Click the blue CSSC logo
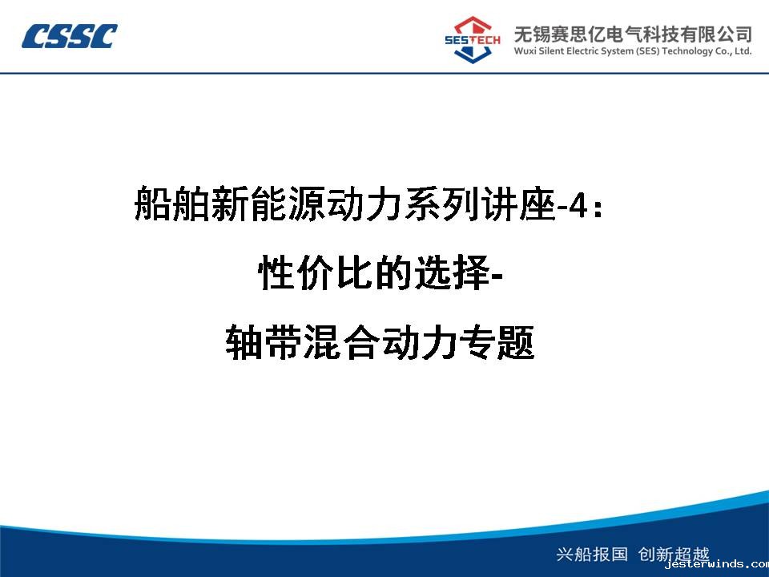click(69, 36)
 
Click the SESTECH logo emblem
click(473, 40)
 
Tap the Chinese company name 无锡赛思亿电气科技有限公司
click(633, 34)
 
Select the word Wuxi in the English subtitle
click(525, 51)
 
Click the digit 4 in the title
click(578, 206)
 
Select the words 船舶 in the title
click(172, 203)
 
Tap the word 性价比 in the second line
click(316, 272)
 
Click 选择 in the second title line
click(453, 272)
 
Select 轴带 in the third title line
click(264, 341)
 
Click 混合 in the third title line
click(341, 341)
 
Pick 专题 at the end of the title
click(496, 341)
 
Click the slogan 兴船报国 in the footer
click(592, 555)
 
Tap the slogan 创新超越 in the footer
click(674, 555)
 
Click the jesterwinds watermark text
click(716, 564)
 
